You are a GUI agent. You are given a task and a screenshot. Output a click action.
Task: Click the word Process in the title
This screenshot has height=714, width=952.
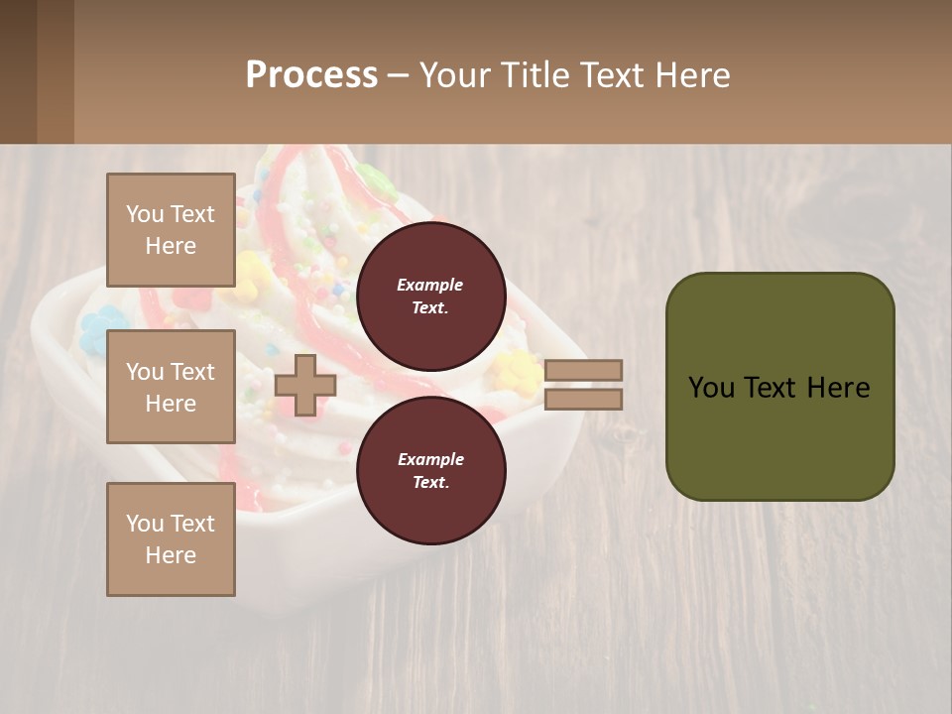(311, 75)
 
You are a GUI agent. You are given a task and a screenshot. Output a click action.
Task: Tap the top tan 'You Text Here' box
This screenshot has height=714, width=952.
(171, 230)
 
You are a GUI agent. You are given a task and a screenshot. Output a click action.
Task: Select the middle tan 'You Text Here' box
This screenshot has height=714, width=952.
(171, 387)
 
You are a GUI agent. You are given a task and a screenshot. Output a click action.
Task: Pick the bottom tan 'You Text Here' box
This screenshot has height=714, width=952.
(171, 538)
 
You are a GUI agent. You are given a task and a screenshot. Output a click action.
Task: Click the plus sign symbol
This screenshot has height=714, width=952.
(305, 385)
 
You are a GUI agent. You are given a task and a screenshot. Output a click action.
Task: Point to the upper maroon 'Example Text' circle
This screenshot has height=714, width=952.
(430, 296)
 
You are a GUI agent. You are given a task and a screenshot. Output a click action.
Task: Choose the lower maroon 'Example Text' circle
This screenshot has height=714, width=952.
(430, 470)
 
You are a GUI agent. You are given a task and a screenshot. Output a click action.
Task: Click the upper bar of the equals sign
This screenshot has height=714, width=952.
(583, 371)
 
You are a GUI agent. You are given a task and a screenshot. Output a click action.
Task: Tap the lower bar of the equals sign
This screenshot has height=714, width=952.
(583, 399)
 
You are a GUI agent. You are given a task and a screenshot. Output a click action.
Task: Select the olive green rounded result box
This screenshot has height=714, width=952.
(779, 436)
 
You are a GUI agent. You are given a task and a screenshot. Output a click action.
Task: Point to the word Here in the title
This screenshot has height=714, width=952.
(694, 75)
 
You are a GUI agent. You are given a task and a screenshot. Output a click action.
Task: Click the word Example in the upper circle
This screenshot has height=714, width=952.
(430, 285)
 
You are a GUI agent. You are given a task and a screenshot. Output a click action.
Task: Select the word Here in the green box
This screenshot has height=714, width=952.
(838, 388)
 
